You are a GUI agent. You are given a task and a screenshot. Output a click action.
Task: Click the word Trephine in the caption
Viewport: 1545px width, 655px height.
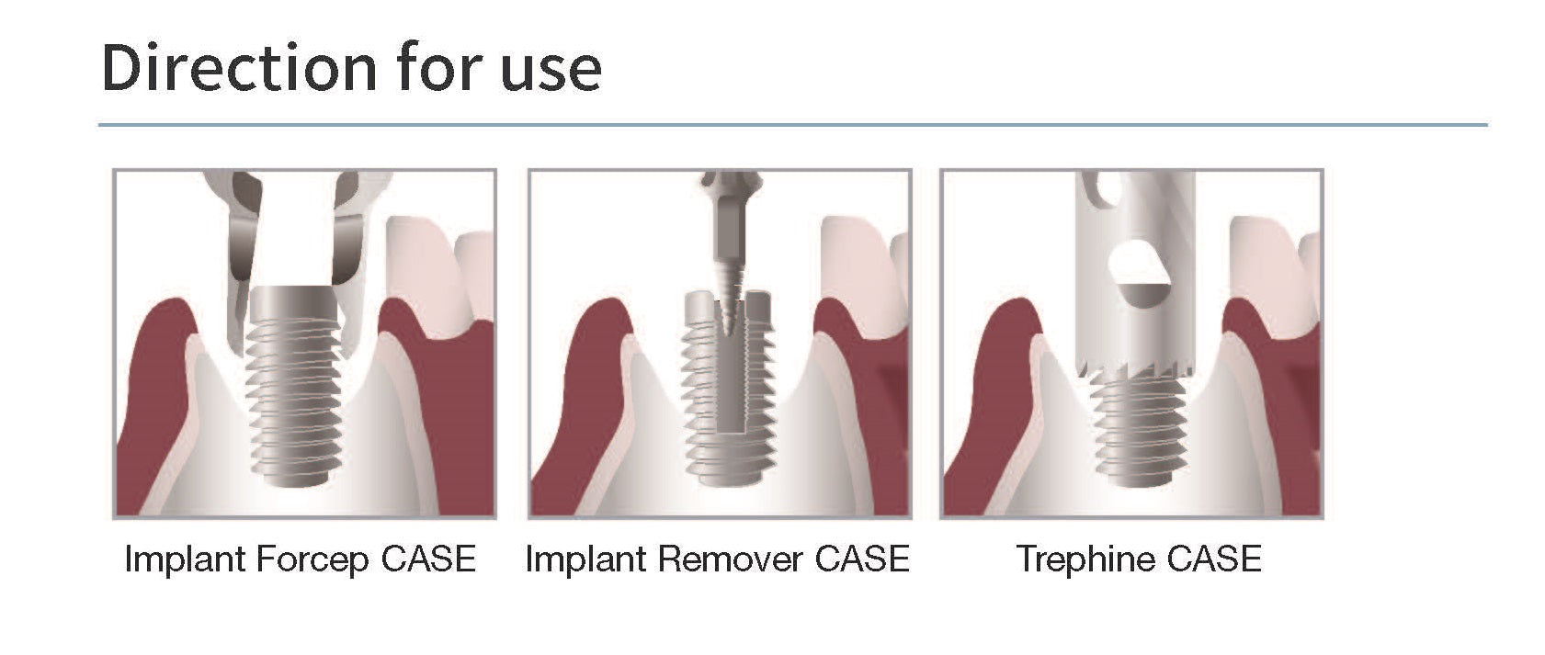(1081, 559)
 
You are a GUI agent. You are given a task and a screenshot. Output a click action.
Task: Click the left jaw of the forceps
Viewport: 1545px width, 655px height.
(237, 276)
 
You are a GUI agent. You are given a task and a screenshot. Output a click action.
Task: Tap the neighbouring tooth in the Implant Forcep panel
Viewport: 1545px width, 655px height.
(425, 266)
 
